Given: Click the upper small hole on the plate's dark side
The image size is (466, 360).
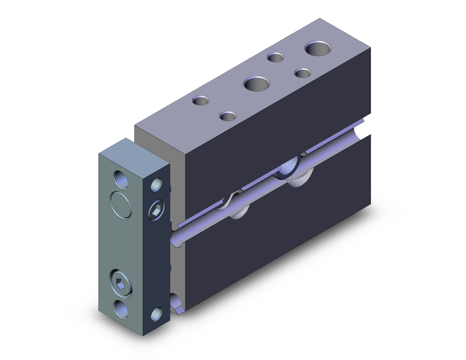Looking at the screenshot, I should [x=156, y=185].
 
